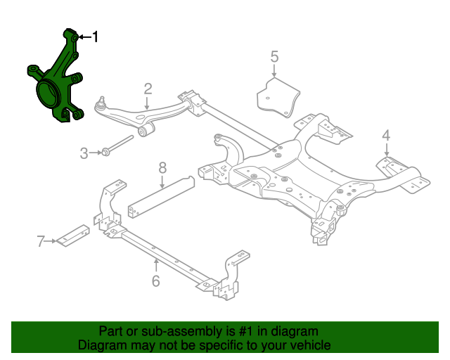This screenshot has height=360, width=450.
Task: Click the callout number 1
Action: [x=96, y=37]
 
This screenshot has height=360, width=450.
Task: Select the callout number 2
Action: [x=148, y=89]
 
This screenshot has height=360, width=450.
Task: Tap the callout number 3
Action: [x=83, y=152]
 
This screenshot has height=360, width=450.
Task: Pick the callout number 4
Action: [x=386, y=135]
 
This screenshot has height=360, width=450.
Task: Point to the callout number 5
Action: [x=274, y=56]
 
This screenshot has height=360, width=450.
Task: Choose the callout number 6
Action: [x=155, y=281]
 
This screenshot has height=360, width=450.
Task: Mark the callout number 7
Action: [x=40, y=242]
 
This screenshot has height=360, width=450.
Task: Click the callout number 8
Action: [x=162, y=168]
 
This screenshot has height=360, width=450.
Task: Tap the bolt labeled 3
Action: [x=116, y=146]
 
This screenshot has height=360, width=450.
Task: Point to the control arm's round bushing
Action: [x=147, y=131]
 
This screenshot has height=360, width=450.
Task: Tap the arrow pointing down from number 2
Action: [x=148, y=103]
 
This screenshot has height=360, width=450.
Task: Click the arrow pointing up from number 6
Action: [x=155, y=264]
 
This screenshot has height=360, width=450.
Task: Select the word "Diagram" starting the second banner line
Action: [x=101, y=345]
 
